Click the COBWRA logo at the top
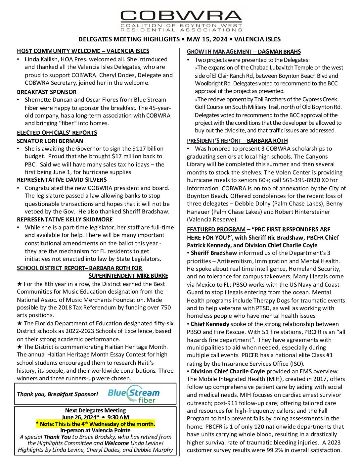coord(181,20)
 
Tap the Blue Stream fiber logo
coord(133,394)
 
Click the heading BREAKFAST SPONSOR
coord(47,92)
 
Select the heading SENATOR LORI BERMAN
coord(50,141)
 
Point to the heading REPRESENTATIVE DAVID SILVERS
coord(62,180)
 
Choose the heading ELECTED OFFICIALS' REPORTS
coord(57,133)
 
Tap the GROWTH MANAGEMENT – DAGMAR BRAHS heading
coord(244,52)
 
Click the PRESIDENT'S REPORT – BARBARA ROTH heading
coord(237,141)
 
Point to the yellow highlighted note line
coord(95,424)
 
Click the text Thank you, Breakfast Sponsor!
coord(58,394)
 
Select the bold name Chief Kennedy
coord(210,324)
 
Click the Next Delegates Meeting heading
coord(95,411)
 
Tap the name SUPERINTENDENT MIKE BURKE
coord(128,276)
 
